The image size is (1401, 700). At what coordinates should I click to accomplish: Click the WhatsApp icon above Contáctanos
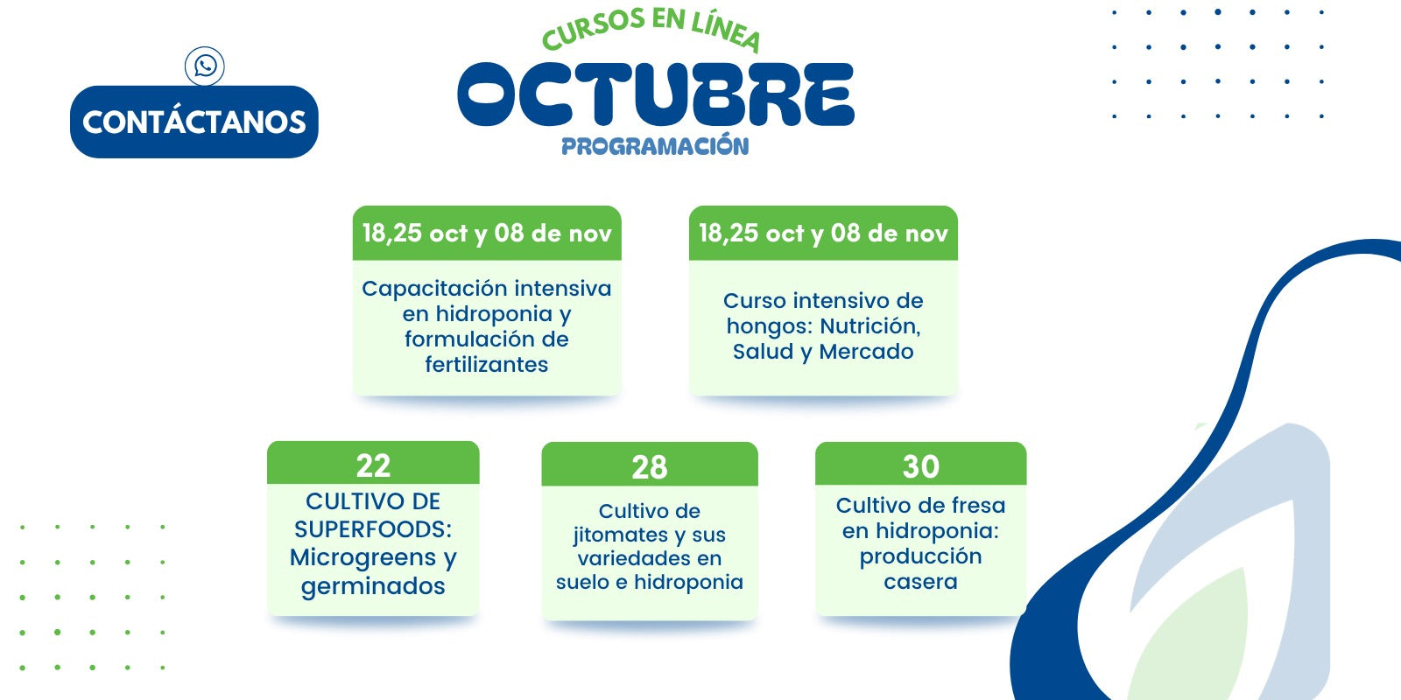click(205, 66)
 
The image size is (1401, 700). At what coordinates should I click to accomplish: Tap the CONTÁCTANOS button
click(194, 122)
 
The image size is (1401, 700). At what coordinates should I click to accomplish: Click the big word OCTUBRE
click(656, 94)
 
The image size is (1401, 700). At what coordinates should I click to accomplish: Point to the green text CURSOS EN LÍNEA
click(651, 29)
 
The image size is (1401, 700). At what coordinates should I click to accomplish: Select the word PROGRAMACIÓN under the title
click(655, 145)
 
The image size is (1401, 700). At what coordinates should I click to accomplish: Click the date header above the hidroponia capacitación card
click(487, 233)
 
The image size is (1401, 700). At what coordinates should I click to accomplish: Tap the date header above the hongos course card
click(823, 233)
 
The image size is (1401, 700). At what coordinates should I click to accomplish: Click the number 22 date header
click(373, 464)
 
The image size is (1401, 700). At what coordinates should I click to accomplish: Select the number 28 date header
click(650, 465)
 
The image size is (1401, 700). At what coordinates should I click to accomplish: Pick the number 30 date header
click(920, 465)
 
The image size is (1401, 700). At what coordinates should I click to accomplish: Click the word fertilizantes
click(487, 364)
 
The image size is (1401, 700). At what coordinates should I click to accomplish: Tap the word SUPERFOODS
click(373, 529)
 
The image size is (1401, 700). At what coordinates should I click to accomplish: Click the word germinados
click(373, 587)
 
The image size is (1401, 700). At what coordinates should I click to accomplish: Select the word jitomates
click(621, 535)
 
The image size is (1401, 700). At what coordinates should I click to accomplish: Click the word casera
click(920, 583)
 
